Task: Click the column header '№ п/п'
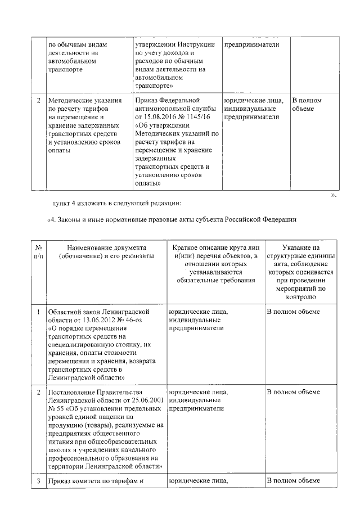(38, 251)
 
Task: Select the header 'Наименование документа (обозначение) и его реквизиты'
(106, 251)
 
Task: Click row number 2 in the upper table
(38, 101)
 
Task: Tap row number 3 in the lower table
(38, 481)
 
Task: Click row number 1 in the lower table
(38, 311)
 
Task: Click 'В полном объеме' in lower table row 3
(292, 481)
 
